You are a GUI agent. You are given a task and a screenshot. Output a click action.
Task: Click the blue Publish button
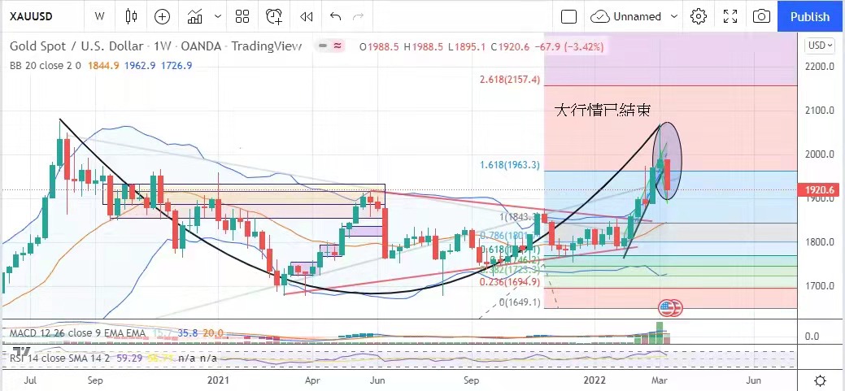810,16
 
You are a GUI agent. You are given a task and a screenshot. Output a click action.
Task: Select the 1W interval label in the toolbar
99,16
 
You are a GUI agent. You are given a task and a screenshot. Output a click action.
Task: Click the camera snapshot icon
761,16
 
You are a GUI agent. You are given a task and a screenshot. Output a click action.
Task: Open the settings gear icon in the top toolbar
698,16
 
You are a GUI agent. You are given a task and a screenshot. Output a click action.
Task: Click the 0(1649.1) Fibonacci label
518,302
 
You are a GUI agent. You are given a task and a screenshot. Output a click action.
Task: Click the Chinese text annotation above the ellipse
601,109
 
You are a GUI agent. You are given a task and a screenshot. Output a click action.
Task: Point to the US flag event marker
669,308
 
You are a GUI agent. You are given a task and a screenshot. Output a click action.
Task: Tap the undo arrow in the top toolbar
336,16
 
